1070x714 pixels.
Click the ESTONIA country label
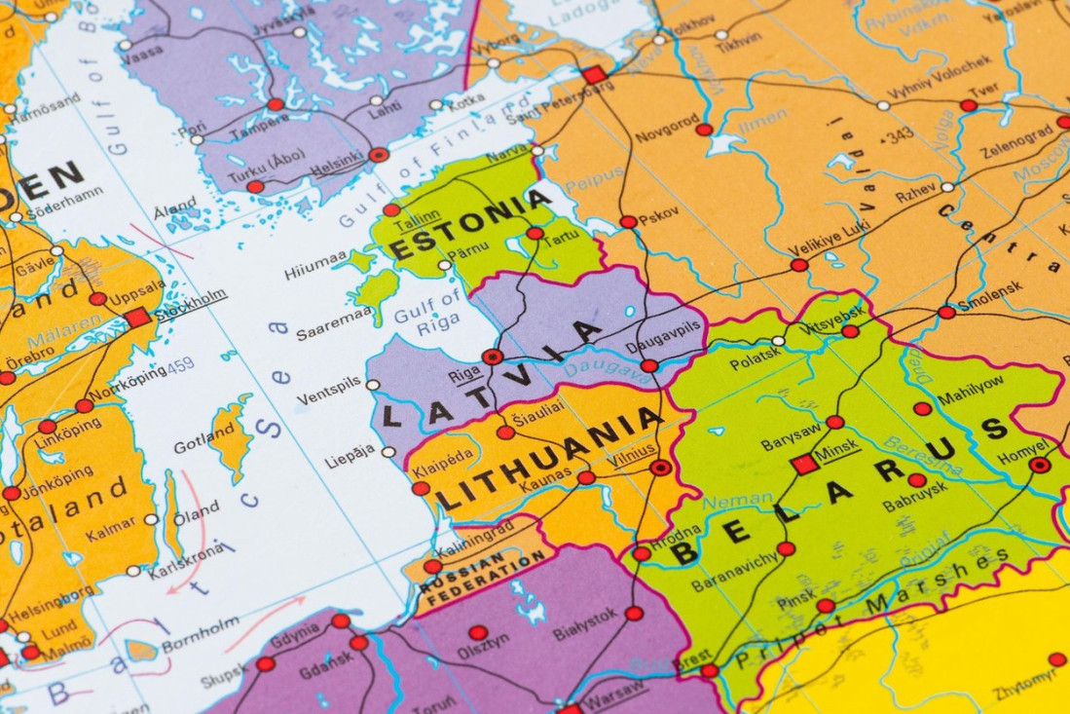[x=470, y=224]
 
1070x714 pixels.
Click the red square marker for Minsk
[x=804, y=465]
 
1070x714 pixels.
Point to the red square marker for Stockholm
[x=137, y=317]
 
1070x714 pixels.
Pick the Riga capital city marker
[x=493, y=357]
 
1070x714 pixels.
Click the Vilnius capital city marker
[x=661, y=468]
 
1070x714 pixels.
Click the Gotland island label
[x=203, y=444]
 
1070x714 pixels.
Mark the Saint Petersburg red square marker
[x=593, y=75]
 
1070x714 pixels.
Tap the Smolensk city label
[x=989, y=291]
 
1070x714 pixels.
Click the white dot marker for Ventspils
[x=373, y=385]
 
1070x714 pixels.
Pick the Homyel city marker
[x=1040, y=465]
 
